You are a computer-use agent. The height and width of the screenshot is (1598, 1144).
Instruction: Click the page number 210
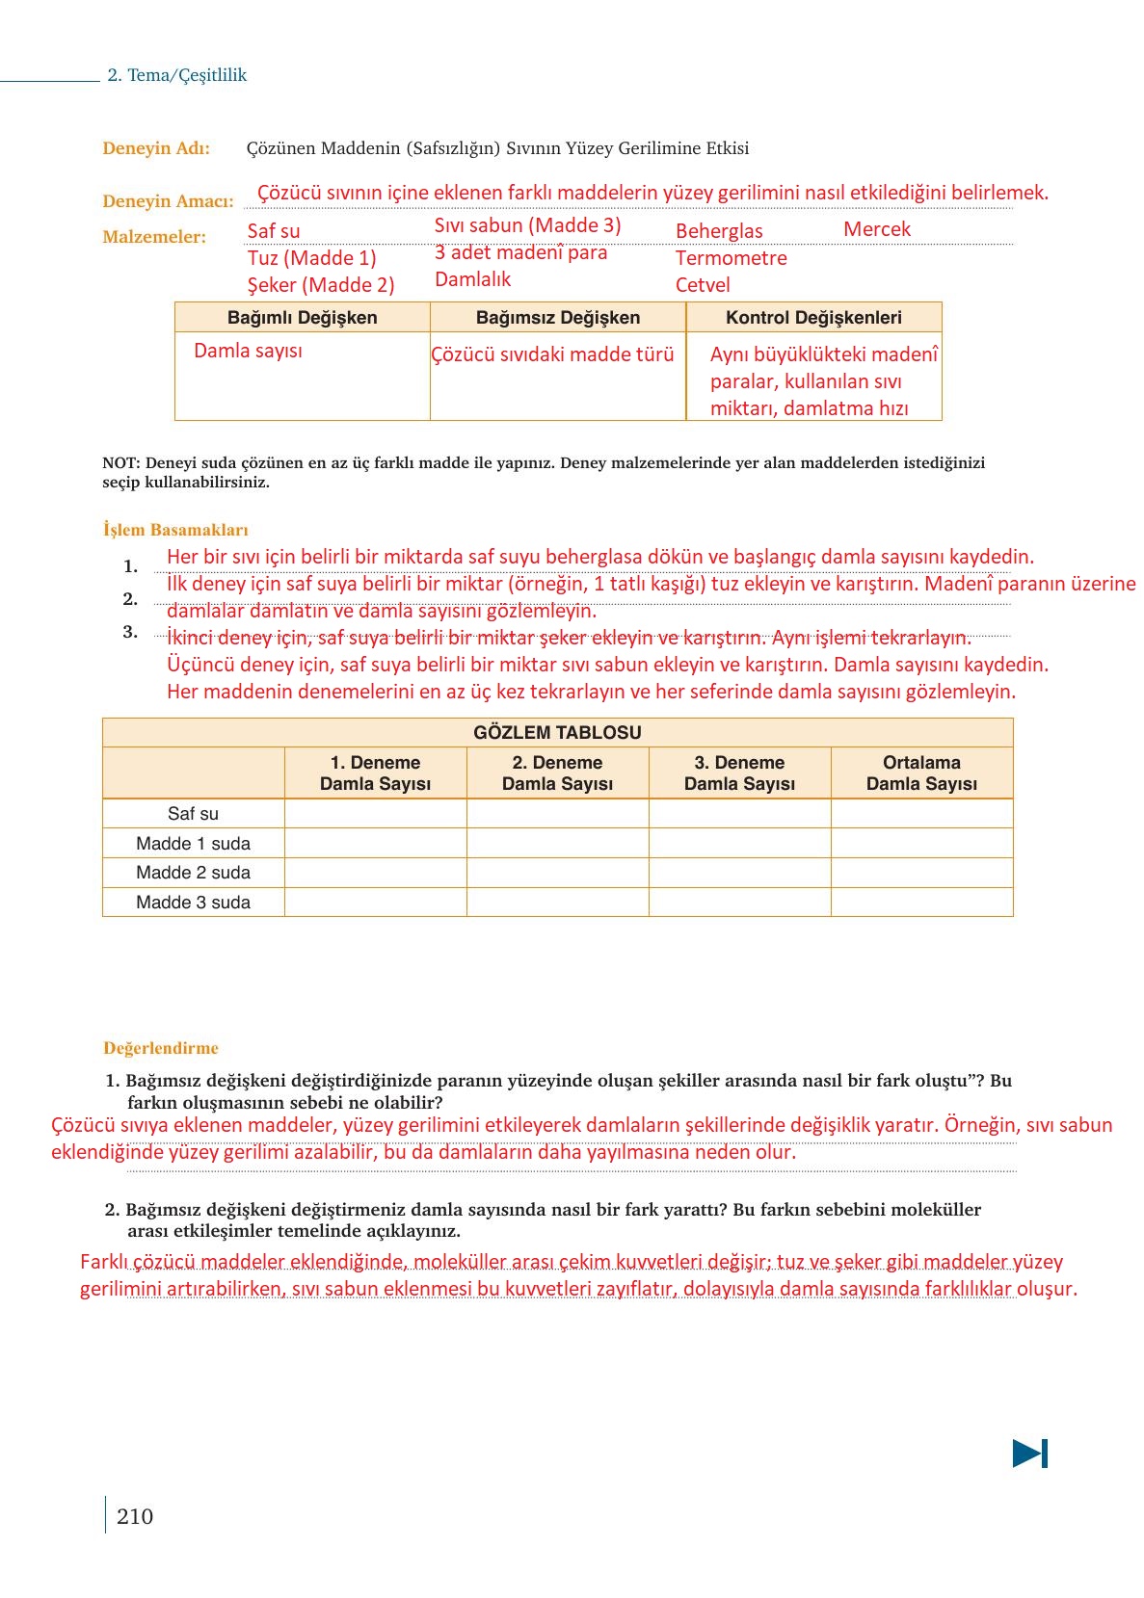(135, 1516)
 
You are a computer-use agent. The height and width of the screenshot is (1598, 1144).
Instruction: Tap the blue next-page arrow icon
(1029, 1453)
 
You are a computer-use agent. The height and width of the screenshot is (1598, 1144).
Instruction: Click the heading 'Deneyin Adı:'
(156, 148)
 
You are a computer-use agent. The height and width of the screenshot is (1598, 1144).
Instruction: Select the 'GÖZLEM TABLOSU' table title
(557, 732)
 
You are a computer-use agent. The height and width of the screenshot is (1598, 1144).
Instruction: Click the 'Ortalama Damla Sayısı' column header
(921, 773)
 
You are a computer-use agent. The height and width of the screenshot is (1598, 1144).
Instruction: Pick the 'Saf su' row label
(193, 814)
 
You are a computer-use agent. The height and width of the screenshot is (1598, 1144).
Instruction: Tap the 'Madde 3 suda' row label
(193, 903)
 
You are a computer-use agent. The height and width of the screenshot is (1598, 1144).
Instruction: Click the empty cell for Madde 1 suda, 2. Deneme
(557, 844)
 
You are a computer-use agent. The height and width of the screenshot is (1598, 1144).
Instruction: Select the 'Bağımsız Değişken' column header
(558, 318)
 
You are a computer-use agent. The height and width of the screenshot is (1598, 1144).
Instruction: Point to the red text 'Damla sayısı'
(248, 351)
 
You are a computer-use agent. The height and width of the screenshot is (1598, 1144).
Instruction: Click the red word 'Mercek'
(876, 229)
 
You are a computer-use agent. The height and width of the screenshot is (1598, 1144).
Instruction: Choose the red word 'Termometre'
(731, 258)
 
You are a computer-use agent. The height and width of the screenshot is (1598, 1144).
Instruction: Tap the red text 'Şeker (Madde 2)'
(321, 285)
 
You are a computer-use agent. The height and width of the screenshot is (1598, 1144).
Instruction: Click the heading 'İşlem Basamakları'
(175, 530)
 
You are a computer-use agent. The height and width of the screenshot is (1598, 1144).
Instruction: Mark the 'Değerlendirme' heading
(161, 1048)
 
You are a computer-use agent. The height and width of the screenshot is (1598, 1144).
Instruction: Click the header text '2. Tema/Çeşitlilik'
(177, 75)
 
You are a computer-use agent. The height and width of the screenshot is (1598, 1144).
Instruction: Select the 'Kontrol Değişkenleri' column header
(813, 318)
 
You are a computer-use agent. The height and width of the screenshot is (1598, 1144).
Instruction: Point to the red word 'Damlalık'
(472, 279)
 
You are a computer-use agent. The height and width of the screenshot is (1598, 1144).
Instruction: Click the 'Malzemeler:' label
(154, 237)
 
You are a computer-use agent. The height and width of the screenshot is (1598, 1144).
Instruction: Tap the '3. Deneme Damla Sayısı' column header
(739, 773)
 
